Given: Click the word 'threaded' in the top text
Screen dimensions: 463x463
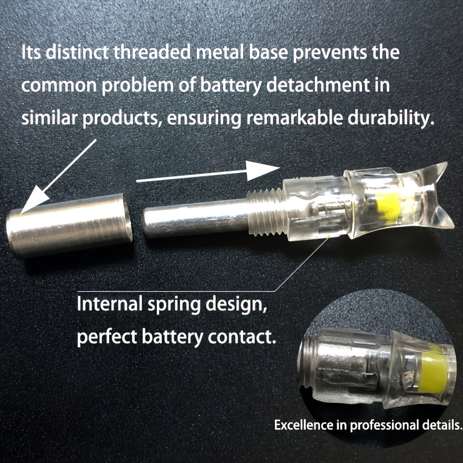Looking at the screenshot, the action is (152, 52).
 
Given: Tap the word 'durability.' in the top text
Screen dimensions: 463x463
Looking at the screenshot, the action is (391, 118).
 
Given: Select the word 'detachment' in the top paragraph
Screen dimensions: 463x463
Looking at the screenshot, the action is (318, 85).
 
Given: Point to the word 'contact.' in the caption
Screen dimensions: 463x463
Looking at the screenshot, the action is (241, 337).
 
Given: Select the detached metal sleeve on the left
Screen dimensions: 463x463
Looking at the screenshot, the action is (69, 225).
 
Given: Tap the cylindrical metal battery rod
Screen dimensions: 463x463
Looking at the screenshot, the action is (195, 218).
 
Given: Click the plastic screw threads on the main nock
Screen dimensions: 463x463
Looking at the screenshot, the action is (265, 212).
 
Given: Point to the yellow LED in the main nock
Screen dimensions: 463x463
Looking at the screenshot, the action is (389, 209).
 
